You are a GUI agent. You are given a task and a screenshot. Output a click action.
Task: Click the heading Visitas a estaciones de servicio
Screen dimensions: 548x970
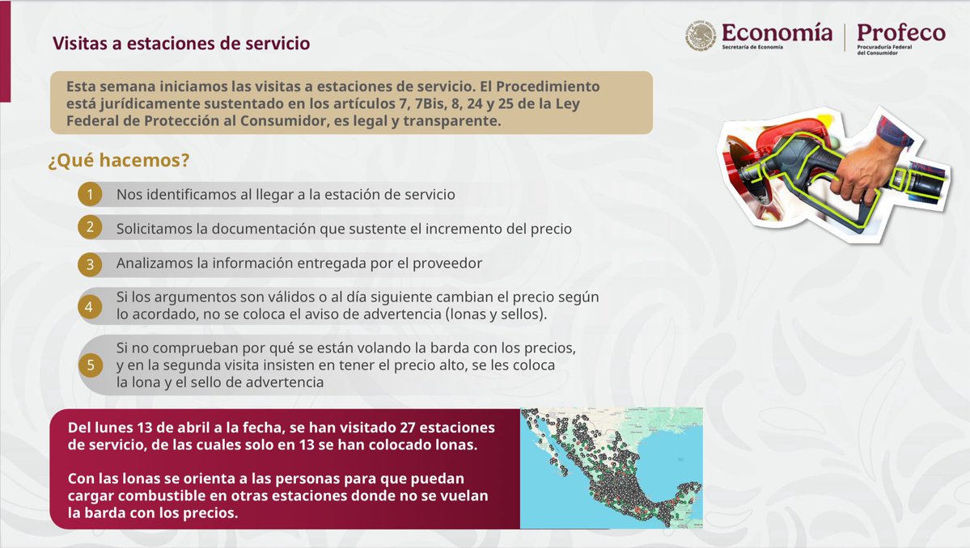point(181,44)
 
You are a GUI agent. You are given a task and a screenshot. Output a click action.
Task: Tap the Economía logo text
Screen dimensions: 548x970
point(776,33)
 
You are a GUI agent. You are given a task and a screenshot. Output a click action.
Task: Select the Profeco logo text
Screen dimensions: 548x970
point(900,33)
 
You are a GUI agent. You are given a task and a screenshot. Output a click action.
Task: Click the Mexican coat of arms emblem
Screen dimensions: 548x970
point(701,36)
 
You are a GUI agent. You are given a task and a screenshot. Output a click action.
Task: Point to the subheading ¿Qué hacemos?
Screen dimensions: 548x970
point(118,161)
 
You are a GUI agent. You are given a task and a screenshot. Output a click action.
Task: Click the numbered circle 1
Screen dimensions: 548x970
point(91,195)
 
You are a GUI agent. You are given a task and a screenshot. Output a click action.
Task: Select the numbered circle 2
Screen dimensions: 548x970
point(91,229)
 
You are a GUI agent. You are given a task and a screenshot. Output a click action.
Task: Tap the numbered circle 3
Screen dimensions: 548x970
point(91,264)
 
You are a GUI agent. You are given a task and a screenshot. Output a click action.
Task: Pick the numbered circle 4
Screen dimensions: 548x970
point(91,307)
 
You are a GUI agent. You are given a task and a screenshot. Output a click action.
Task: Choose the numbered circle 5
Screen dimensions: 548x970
point(91,366)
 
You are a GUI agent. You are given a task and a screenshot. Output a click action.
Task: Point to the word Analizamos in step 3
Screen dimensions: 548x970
point(153,263)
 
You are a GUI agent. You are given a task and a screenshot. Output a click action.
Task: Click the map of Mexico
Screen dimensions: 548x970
point(611,468)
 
